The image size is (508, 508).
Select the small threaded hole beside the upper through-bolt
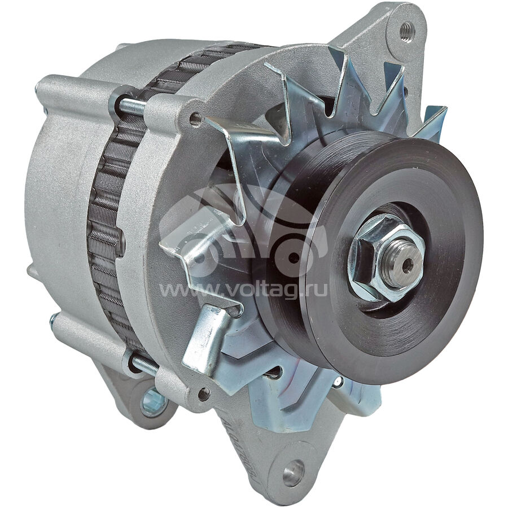click(x=195, y=119)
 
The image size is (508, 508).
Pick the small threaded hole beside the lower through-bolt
click(x=204, y=394)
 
